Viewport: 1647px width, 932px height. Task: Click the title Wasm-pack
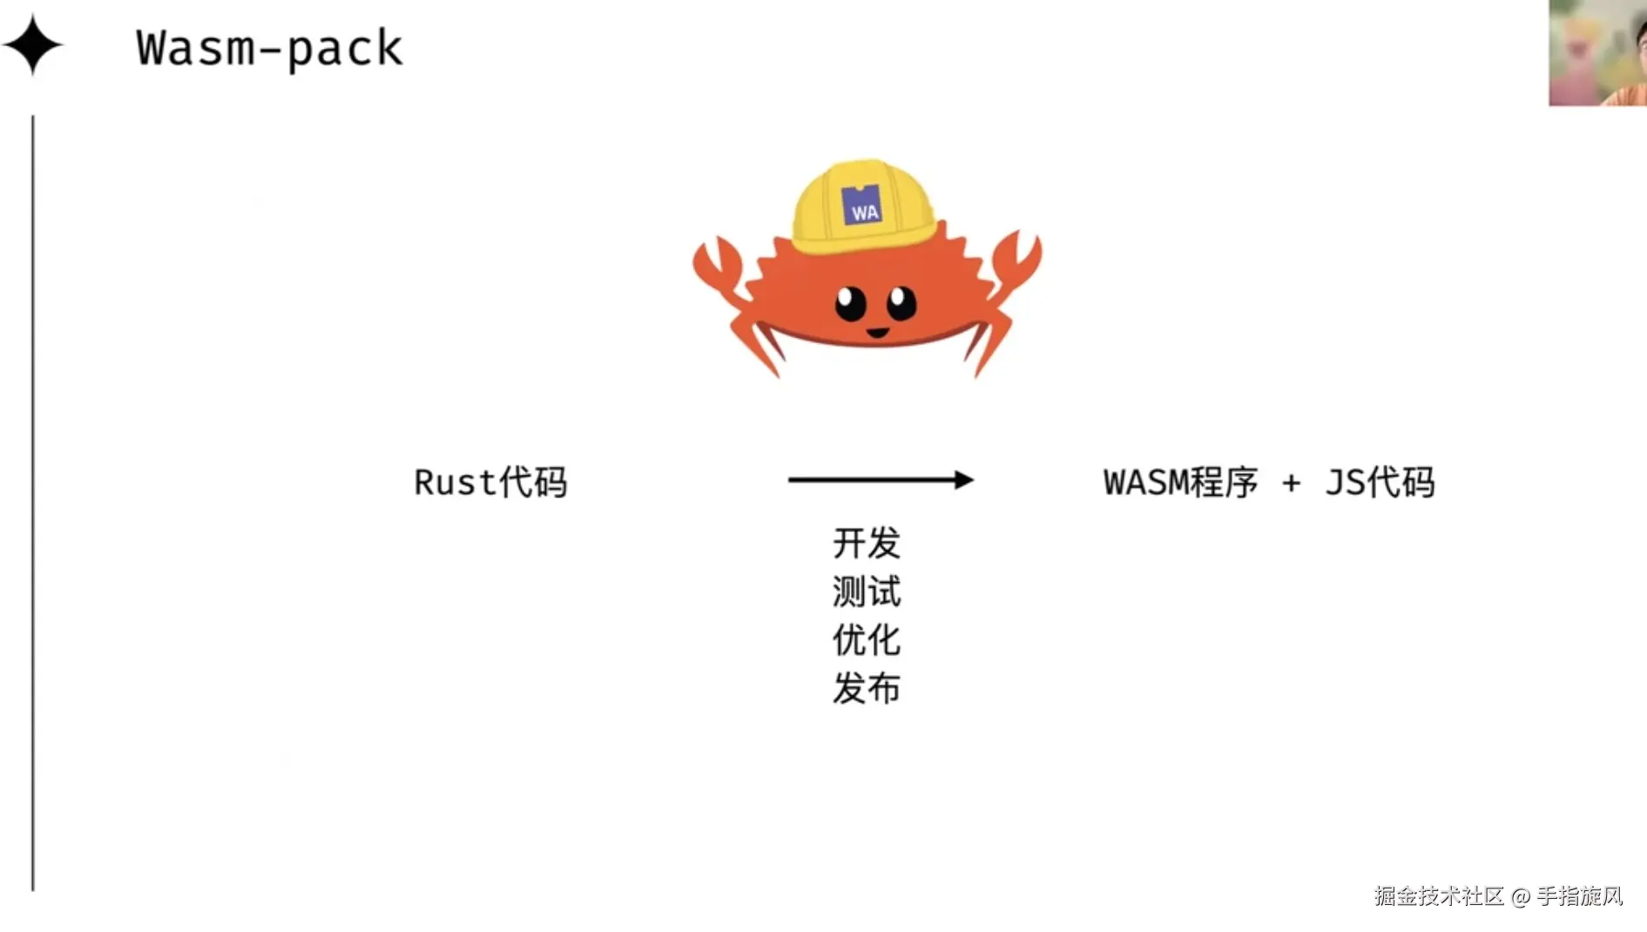click(269, 49)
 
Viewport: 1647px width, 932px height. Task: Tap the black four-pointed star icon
click(32, 45)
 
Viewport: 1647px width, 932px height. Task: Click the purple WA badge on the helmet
click(862, 206)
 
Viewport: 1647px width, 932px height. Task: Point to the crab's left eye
click(850, 304)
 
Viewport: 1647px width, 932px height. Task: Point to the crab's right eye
click(901, 303)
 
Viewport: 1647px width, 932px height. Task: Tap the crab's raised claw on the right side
click(1016, 261)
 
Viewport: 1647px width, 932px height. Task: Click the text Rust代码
click(490, 483)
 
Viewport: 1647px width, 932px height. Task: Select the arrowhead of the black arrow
click(963, 480)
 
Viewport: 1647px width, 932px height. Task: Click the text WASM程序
click(1180, 483)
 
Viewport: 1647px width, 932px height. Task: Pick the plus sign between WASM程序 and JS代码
click(1291, 483)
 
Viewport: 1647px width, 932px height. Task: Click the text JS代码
click(1380, 483)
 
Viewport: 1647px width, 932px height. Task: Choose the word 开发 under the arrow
click(866, 544)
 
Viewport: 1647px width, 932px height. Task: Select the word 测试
click(866, 592)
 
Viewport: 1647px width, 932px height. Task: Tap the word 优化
click(866, 640)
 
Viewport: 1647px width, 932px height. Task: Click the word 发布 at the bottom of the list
click(866, 689)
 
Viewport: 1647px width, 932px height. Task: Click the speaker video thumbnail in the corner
click(1597, 53)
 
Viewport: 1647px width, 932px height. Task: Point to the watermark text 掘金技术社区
click(1439, 896)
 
